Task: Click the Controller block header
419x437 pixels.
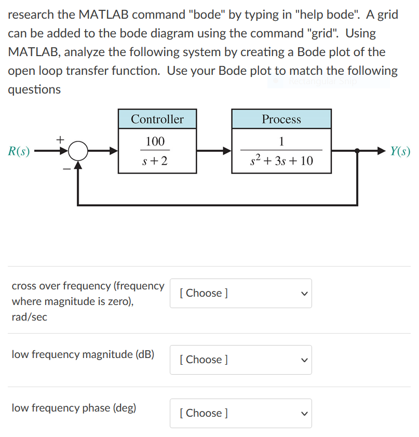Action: [157, 119]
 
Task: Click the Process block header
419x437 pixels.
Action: [281, 119]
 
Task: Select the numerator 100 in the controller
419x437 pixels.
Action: [155, 141]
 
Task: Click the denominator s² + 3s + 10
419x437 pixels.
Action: [281, 161]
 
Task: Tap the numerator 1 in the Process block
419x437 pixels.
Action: [281, 141]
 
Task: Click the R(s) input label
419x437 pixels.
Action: [19, 152]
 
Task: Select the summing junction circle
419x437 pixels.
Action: [78, 152]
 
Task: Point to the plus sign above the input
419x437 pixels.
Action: [60, 139]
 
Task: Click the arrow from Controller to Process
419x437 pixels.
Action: [213, 152]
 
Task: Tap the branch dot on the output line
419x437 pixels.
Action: [357, 151]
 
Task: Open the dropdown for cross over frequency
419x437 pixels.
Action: [241, 293]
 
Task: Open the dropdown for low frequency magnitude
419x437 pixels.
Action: [241, 360]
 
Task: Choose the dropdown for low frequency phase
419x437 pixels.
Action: [241, 413]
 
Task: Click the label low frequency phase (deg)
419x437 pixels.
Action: [74, 408]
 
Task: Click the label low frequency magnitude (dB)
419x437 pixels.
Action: [83, 354]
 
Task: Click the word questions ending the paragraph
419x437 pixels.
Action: [34, 89]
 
